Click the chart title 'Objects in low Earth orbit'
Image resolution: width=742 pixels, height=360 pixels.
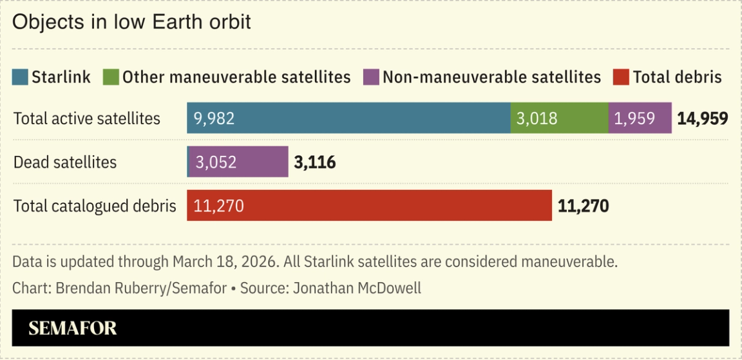[x=131, y=22]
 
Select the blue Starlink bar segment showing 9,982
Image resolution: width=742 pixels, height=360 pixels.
[x=348, y=118]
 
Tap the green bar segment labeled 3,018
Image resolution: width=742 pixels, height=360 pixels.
[x=559, y=118]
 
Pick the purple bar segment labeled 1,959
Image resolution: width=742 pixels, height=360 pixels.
[x=640, y=118]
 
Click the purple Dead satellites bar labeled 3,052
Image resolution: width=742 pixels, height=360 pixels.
[x=237, y=162]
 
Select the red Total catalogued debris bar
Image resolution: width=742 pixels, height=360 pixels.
[x=369, y=205]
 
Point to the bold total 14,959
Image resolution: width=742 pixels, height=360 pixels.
[x=702, y=118]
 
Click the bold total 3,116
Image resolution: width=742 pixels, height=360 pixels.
[x=315, y=162]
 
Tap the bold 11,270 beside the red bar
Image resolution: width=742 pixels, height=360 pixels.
[x=583, y=206]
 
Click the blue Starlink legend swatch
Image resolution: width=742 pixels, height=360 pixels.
[x=21, y=77]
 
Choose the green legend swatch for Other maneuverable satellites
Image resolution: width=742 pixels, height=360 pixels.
[x=111, y=77]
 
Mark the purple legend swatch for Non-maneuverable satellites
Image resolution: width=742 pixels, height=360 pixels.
[x=371, y=77]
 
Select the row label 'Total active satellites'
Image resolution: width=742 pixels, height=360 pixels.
[x=87, y=118]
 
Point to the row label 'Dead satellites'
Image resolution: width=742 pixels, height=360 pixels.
[x=65, y=162]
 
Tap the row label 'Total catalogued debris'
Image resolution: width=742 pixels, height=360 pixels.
[x=95, y=206]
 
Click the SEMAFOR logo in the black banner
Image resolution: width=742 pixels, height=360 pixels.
[x=73, y=328]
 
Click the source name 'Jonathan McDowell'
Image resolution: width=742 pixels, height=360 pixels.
[x=357, y=288]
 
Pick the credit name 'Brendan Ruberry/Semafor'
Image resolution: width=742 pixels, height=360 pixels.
[x=141, y=288]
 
